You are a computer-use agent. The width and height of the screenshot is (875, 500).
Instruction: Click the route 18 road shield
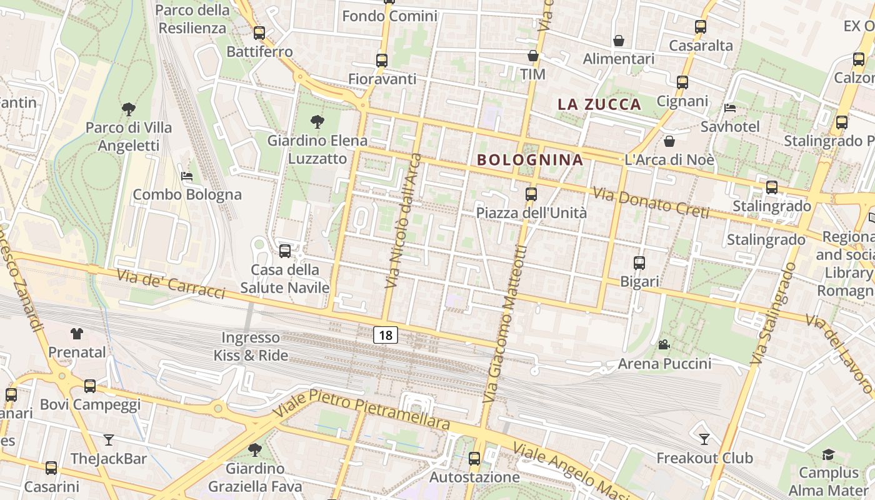click(x=386, y=335)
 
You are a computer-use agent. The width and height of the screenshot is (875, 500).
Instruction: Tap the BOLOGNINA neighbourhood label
click(x=530, y=159)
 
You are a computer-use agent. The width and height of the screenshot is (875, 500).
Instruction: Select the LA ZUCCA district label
click(x=599, y=104)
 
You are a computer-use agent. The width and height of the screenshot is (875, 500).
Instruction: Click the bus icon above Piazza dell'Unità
click(x=531, y=194)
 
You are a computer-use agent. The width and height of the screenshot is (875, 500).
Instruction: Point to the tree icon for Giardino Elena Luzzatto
click(x=317, y=122)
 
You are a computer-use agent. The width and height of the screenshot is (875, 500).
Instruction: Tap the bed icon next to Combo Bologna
click(x=186, y=176)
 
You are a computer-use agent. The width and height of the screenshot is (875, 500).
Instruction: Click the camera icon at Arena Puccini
click(x=664, y=344)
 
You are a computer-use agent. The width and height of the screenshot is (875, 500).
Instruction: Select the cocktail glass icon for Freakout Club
click(x=704, y=439)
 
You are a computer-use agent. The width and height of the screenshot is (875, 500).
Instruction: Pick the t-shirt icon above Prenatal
click(x=77, y=334)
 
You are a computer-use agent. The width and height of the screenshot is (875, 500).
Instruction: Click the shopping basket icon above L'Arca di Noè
click(x=669, y=141)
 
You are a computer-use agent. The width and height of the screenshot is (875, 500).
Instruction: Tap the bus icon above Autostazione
click(x=474, y=459)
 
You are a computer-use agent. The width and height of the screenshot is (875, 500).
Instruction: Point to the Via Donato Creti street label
click(x=651, y=203)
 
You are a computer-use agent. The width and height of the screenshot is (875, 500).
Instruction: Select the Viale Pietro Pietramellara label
click(x=362, y=411)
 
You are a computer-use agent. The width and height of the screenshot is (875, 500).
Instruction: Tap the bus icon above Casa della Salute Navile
click(x=285, y=251)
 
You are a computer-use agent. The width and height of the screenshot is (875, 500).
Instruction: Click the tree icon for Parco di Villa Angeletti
click(x=128, y=109)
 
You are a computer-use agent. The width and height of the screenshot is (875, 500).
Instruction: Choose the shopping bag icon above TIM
click(x=532, y=56)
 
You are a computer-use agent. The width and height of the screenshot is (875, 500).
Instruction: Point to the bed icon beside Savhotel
click(x=729, y=108)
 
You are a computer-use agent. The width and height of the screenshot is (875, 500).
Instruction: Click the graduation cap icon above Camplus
click(x=828, y=454)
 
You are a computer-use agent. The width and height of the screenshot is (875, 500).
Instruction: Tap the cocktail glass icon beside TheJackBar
click(x=109, y=440)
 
